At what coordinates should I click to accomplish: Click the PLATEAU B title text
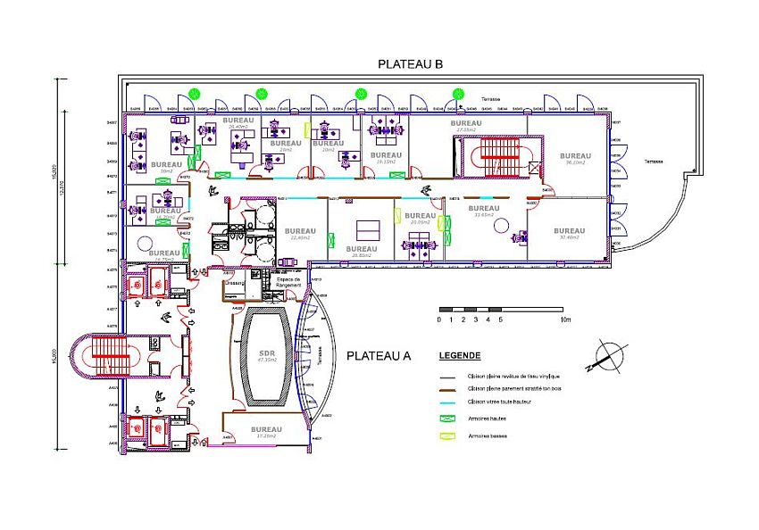tap(411, 64)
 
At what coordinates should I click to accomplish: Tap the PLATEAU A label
tap(378, 355)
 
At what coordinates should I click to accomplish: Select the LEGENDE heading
tap(460, 355)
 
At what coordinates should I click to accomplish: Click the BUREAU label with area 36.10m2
tap(574, 156)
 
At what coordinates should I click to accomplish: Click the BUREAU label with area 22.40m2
tap(301, 231)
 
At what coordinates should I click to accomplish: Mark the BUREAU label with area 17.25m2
tap(266, 429)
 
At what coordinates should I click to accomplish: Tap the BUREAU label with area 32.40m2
tap(569, 231)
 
